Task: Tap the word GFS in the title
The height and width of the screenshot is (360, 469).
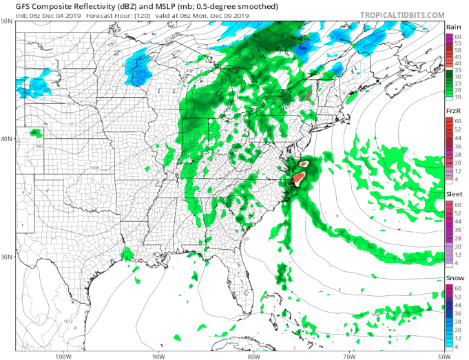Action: tap(13, 6)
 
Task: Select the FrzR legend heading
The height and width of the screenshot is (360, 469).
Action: tap(454, 111)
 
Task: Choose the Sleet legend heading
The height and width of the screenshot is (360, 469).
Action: tap(455, 195)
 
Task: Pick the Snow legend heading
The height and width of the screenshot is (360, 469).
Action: tap(455, 279)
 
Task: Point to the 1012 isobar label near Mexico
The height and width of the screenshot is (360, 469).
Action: tap(68, 321)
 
